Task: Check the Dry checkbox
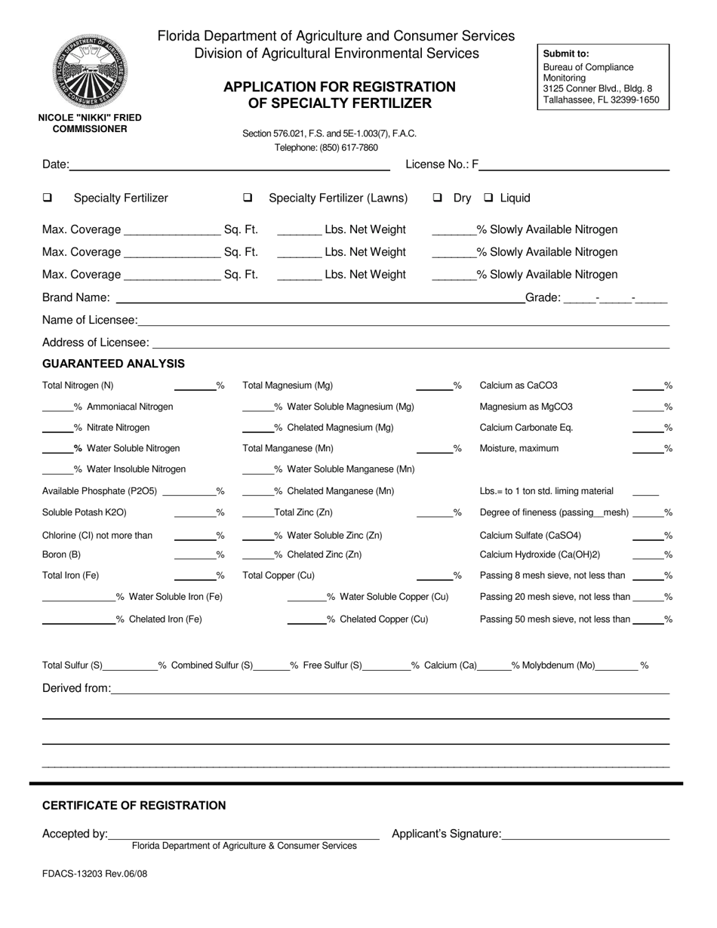pyautogui.click(x=437, y=198)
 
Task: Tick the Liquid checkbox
pyautogui.click(x=488, y=198)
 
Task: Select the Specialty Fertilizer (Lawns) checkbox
pyautogui.click(x=248, y=198)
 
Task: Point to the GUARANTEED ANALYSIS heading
pyautogui.click(x=113, y=364)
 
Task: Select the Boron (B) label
pyautogui.click(x=61, y=555)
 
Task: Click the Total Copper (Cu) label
pyautogui.click(x=278, y=576)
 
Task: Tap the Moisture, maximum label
pyautogui.click(x=519, y=448)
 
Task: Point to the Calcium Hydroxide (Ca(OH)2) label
pyautogui.click(x=540, y=555)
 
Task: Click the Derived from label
pyautogui.click(x=76, y=688)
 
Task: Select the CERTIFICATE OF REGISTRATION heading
pyautogui.click(x=134, y=805)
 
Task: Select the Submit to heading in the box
pyautogui.click(x=566, y=54)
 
